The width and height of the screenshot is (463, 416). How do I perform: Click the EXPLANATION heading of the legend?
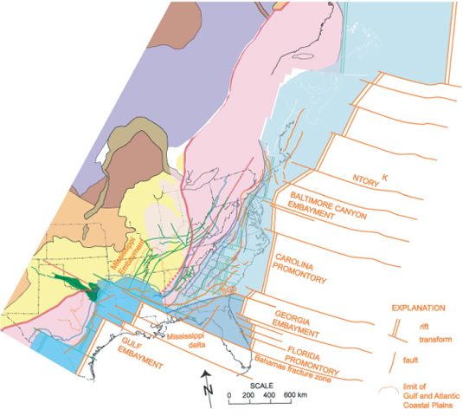pos(414,308)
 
